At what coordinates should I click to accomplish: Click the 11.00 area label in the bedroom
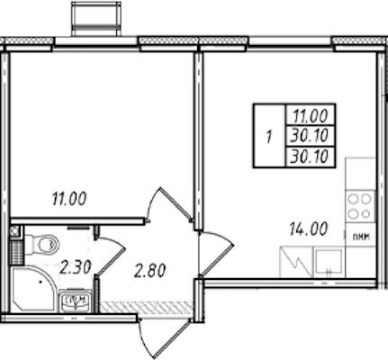click(69, 199)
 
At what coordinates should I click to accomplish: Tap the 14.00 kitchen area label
click(308, 229)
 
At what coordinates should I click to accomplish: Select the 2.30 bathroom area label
click(75, 267)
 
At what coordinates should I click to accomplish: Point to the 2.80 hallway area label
click(149, 271)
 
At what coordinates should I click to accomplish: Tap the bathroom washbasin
click(75, 301)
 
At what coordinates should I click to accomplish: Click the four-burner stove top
click(360, 206)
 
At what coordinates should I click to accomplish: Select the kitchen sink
click(329, 262)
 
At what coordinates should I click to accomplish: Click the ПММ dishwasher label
click(360, 237)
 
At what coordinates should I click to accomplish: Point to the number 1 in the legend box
click(269, 138)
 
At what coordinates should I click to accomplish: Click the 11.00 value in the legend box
click(311, 116)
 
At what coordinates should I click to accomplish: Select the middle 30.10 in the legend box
click(310, 136)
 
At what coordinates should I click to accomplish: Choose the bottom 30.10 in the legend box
click(310, 157)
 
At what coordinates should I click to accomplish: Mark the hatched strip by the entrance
click(146, 307)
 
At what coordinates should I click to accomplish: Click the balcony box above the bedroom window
click(96, 19)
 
